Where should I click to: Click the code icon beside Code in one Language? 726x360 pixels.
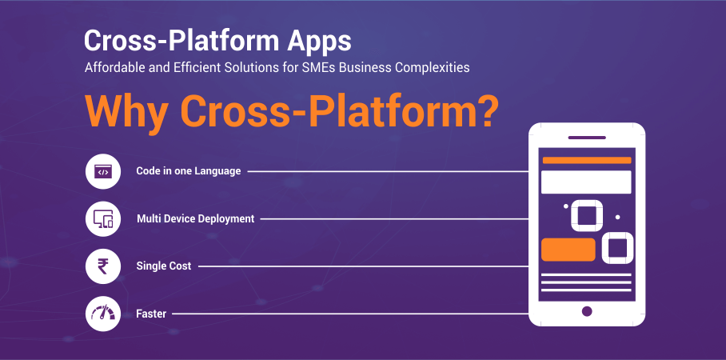(102, 171)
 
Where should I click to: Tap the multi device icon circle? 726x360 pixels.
(102, 218)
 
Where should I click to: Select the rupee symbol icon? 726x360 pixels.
(102, 266)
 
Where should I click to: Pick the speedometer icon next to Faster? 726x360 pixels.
(102, 314)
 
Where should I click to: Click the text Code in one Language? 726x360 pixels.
(188, 171)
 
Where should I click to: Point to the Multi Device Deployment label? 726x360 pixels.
(195, 218)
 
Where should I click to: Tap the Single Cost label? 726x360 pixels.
(164, 266)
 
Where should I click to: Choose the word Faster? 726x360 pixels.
(151, 314)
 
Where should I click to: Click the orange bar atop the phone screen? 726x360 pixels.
(587, 160)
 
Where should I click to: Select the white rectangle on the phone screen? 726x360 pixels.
(587, 182)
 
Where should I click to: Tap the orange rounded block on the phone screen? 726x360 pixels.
(568, 250)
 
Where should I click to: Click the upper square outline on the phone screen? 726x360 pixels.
(587, 215)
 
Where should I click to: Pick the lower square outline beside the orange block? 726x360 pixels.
(617, 248)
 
